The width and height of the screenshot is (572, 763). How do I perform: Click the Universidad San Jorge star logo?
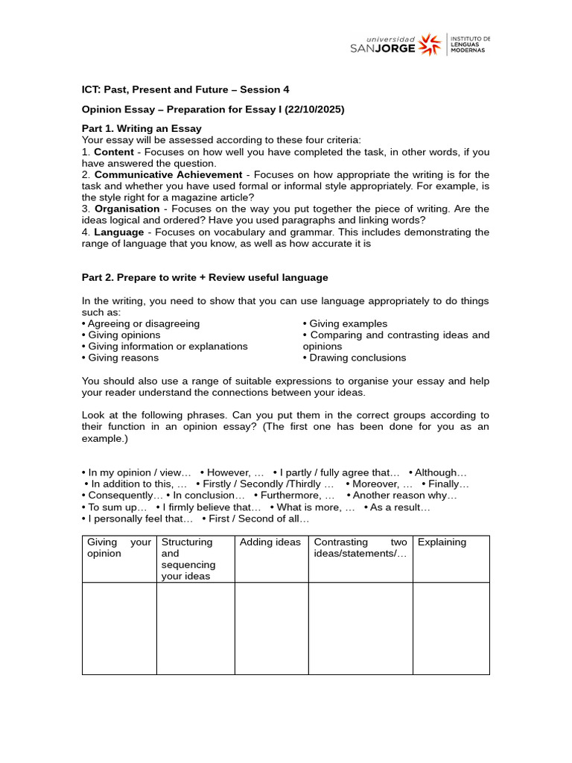coord(430,45)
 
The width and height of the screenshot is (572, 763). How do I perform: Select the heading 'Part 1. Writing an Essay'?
coord(142,128)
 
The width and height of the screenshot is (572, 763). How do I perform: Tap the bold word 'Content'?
coord(114,151)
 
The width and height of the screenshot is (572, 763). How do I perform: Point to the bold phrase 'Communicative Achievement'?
coord(168,174)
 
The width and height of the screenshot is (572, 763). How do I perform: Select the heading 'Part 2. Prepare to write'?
coord(205,277)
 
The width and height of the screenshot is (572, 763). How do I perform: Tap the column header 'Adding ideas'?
coord(270,542)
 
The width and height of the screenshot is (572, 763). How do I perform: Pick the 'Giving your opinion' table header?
coord(119,548)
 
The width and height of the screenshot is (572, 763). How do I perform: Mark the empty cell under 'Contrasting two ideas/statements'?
coord(360,628)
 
